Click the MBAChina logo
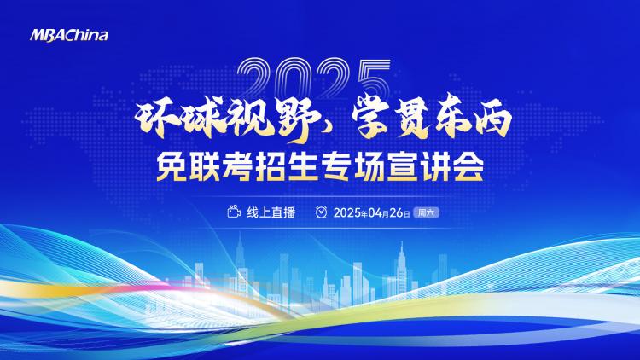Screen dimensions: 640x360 pyautogui.click(x=69, y=35)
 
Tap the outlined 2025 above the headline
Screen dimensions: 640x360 pyautogui.click(x=313, y=78)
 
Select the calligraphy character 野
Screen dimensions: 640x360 pyautogui.click(x=298, y=120)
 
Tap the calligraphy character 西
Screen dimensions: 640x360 pyautogui.click(x=492, y=119)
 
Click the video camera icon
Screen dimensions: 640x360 pyautogui.click(x=234, y=212)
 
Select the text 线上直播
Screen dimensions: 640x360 pyautogui.click(x=271, y=212)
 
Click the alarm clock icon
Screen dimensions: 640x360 pyautogui.click(x=321, y=212)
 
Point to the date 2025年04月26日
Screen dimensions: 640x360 pyautogui.click(x=371, y=212)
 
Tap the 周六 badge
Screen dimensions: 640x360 pyautogui.click(x=426, y=212)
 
